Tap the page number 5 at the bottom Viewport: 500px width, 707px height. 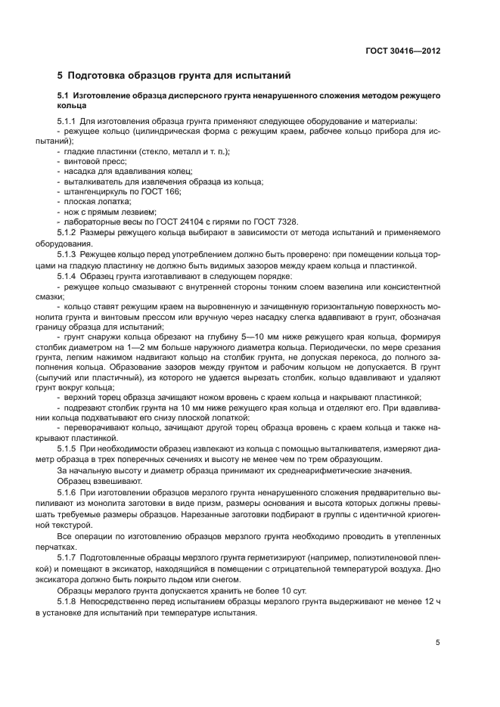437,643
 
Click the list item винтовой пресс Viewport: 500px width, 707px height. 95,162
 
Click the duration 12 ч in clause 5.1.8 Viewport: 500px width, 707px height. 432,602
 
